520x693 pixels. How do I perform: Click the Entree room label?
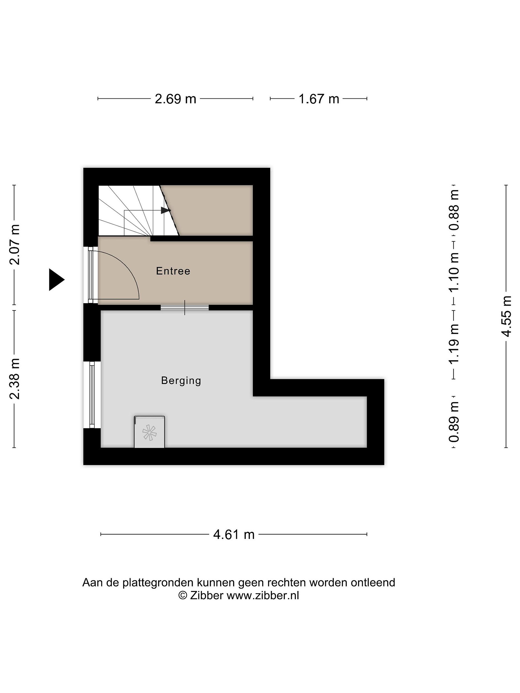[173, 271]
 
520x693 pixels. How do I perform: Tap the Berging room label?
[181, 381]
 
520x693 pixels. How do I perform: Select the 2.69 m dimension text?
[175, 99]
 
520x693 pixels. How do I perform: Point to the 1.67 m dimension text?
[319, 99]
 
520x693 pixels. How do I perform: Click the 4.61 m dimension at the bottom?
[234, 534]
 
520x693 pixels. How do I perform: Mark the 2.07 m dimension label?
[15, 245]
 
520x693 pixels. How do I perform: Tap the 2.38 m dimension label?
[15, 379]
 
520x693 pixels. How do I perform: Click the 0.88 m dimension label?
[454, 210]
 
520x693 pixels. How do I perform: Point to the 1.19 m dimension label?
[454, 343]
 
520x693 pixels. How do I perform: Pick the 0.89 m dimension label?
[454, 422]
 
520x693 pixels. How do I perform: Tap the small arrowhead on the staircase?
[165, 210]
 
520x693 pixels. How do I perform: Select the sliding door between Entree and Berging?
[185, 307]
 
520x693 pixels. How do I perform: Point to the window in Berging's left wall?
[92, 395]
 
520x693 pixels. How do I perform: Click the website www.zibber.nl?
[263, 595]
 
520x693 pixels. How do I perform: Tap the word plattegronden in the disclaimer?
[158, 583]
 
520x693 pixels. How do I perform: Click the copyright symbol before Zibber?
[182, 595]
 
